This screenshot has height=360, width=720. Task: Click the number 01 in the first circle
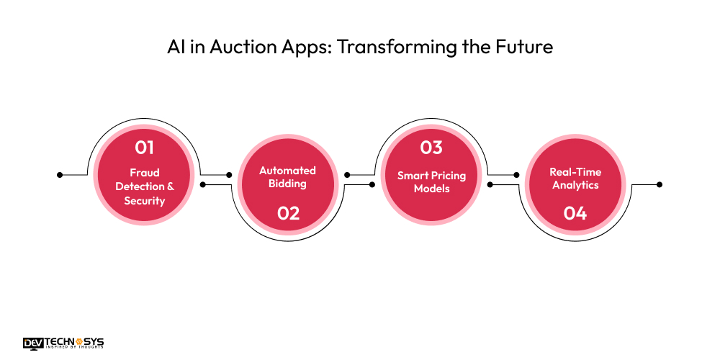[145, 148]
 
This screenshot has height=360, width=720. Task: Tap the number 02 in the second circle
[288, 213]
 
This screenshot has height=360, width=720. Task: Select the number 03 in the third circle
[431, 148]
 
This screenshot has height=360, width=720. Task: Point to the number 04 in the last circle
[575, 213]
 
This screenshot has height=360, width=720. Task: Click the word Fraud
[145, 173]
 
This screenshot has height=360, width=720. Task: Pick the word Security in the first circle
[145, 201]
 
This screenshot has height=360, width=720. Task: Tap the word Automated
[288, 171]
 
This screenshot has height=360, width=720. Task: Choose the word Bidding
[288, 184]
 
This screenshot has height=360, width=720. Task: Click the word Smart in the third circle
[411, 176]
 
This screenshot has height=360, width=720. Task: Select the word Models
[432, 189]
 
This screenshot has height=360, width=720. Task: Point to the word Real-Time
[575, 172]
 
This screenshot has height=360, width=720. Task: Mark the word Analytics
[575, 185]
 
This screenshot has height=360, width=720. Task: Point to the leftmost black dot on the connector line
[60, 174]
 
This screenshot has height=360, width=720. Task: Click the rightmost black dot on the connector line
[659, 184]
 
